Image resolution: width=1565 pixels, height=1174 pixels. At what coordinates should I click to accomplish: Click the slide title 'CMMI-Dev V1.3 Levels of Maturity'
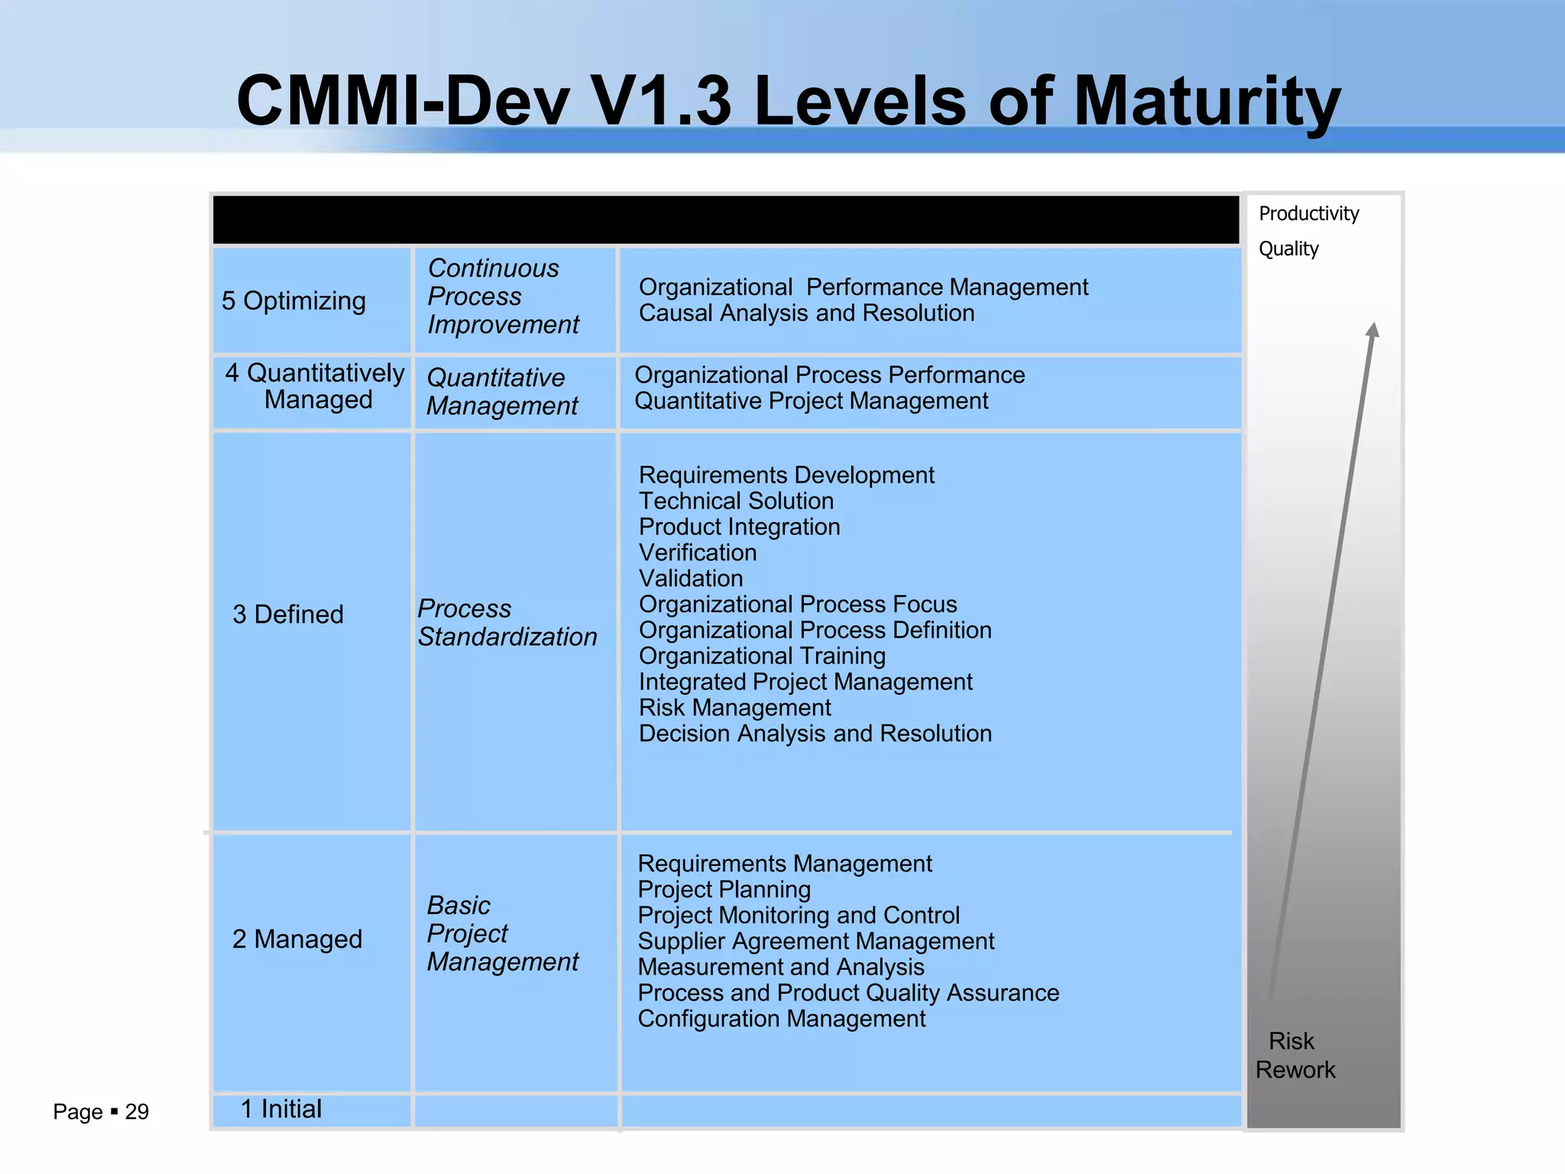pyautogui.click(x=789, y=101)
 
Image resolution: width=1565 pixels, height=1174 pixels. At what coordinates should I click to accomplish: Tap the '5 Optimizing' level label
pyautogui.click(x=293, y=301)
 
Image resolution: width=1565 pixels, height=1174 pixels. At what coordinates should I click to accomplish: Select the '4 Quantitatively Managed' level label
pyautogui.click(x=315, y=386)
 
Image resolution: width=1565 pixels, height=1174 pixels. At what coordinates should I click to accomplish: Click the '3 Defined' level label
pyautogui.click(x=288, y=615)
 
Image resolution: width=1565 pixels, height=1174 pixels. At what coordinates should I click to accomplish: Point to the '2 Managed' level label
pyautogui.click(x=297, y=939)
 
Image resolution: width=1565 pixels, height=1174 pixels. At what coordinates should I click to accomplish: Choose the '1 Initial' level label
pyautogui.click(x=281, y=1109)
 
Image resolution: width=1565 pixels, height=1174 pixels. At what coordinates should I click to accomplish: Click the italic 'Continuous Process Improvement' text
pyautogui.click(x=503, y=297)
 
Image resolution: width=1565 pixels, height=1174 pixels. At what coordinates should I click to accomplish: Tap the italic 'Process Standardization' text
pyautogui.click(x=507, y=623)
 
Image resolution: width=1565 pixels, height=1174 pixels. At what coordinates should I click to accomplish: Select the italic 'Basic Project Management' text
pyautogui.click(x=502, y=933)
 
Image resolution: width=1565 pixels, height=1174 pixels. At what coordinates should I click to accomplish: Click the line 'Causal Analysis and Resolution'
pyautogui.click(x=806, y=313)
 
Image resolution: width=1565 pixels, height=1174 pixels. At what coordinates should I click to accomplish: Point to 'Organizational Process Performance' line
pyautogui.click(x=829, y=375)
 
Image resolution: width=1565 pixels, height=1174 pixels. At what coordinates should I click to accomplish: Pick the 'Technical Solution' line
pyautogui.click(x=736, y=501)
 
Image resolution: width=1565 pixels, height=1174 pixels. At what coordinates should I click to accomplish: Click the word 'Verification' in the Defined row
pyautogui.click(x=698, y=553)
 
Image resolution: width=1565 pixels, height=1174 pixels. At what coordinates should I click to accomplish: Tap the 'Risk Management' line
pyautogui.click(x=735, y=708)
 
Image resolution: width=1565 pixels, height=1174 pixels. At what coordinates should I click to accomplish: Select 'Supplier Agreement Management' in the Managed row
pyautogui.click(x=816, y=942)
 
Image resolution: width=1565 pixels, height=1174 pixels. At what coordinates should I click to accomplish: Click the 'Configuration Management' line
pyautogui.click(x=782, y=1019)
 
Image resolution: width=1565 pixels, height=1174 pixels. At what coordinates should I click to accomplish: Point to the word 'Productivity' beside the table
pyautogui.click(x=1308, y=214)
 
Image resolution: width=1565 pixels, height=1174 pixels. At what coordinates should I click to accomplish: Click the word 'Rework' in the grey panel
pyautogui.click(x=1295, y=1070)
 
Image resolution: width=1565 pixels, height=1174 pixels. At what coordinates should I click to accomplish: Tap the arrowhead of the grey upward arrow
pyautogui.click(x=1373, y=330)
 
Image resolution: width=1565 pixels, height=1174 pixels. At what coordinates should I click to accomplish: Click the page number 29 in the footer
pyautogui.click(x=137, y=1112)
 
